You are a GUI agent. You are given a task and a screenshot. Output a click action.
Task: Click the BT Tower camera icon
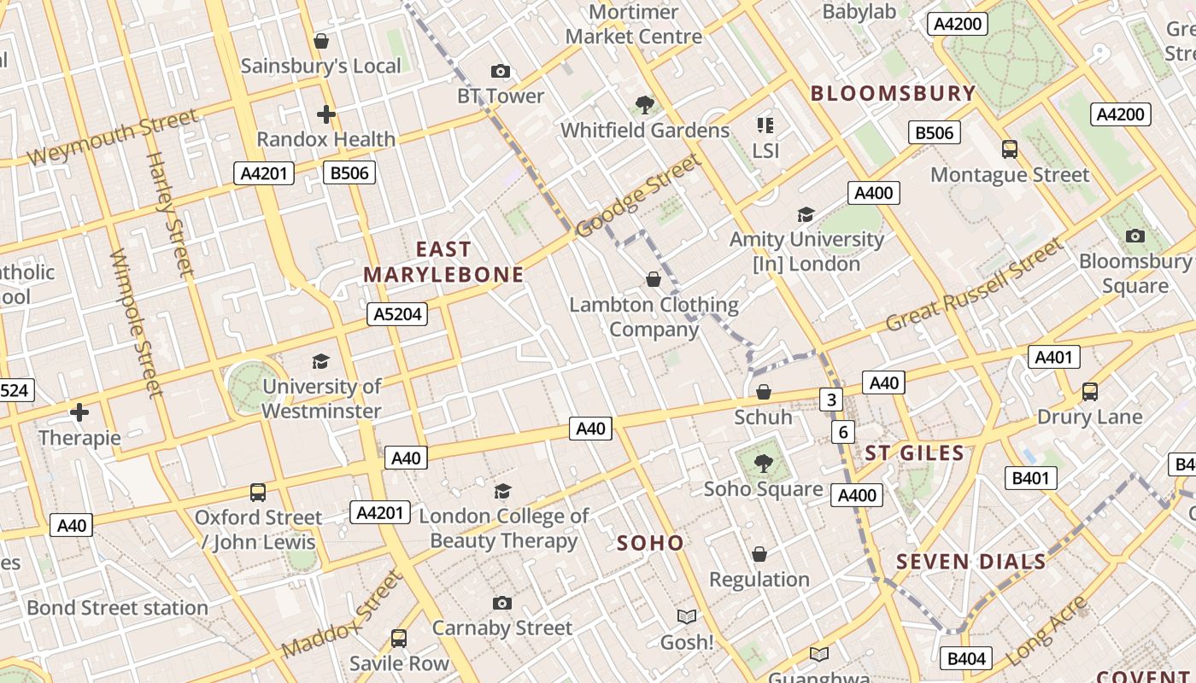pyautogui.click(x=501, y=71)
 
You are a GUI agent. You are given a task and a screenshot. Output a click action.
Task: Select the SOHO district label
pyautogui.click(x=650, y=543)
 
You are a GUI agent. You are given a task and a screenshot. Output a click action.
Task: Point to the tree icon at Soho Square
pyautogui.click(x=763, y=464)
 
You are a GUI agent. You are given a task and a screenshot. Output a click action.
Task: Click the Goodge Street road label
pyautogui.click(x=638, y=196)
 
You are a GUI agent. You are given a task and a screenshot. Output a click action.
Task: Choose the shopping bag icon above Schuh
pyautogui.click(x=764, y=392)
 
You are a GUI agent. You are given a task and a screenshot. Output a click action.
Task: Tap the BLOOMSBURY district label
pyautogui.click(x=893, y=93)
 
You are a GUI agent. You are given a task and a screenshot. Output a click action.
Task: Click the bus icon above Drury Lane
pyautogui.click(x=1090, y=392)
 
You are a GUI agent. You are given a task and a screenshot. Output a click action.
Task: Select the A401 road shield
pyautogui.click(x=1053, y=357)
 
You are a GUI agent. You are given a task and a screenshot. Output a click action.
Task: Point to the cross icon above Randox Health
pyautogui.click(x=325, y=114)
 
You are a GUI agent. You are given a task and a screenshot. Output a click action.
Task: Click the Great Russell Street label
pyautogui.click(x=975, y=285)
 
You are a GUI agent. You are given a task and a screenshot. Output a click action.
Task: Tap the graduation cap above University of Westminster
pyautogui.click(x=320, y=361)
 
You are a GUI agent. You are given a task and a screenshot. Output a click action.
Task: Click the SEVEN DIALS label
pyautogui.click(x=970, y=562)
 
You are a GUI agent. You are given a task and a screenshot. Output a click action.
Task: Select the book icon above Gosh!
pyautogui.click(x=687, y=616)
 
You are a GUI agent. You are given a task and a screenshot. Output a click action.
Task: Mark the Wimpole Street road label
pyautogui.click(x=137, y=324)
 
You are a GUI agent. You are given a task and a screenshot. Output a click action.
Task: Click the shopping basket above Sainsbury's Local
pyautogui.click(x=321, y=40)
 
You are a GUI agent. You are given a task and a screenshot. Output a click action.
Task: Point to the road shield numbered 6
pyautogui.click(x=843, y=432)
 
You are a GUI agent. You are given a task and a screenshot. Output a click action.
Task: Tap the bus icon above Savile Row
pyautogui.click(x=399, y=638)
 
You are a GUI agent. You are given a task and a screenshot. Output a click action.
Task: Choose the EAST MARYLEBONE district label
pyautogui.click(x=443, y=262)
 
